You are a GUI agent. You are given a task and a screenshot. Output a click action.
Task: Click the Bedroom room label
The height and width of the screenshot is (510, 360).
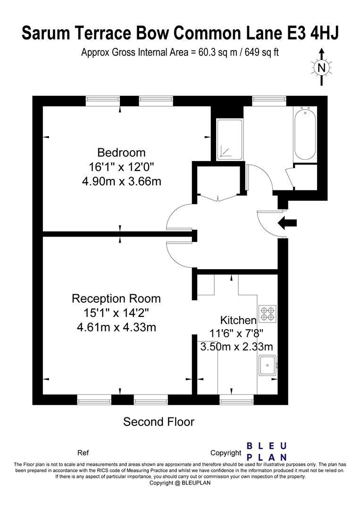(x=121, y=152)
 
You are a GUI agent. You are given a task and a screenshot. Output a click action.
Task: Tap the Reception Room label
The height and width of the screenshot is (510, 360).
(x=116, y=298)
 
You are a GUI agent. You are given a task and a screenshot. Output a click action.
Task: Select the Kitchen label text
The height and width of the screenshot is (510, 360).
(x=238, y=320)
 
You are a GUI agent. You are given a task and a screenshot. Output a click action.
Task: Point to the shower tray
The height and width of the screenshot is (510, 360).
(x=230, y=139)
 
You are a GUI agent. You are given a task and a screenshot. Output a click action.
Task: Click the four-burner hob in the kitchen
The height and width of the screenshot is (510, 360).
(x=268, y=314)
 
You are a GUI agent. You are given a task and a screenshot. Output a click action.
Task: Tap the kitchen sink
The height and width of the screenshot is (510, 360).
(x=268, y=365)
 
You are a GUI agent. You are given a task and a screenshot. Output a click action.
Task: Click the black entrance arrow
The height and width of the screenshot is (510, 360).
(x=287, y=223)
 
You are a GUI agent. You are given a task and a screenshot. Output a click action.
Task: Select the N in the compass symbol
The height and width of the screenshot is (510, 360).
(x=321, y=68)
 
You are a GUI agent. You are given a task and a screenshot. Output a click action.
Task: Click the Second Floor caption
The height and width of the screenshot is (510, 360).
(x=159, y=422)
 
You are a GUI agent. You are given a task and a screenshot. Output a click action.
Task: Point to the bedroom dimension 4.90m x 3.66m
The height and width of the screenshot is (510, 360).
(x=122, y=181)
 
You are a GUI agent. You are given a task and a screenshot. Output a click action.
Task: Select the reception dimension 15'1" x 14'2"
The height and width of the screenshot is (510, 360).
(x=117, y=313)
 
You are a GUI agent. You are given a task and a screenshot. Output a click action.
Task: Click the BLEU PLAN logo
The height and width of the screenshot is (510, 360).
(x=267, y=451)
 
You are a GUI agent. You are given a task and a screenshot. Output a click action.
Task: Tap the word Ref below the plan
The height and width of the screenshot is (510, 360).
(x=83, y=453)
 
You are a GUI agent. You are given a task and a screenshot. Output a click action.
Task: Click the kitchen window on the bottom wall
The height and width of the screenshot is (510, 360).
(x=236, y=400)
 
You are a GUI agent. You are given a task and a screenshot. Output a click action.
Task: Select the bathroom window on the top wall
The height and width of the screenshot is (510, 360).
(x=269, y=101)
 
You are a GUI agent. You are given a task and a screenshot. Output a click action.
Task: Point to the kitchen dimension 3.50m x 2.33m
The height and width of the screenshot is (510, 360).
(x=236, y=347)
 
